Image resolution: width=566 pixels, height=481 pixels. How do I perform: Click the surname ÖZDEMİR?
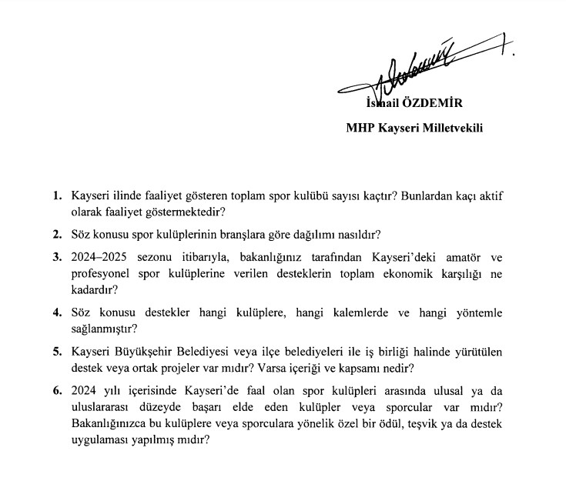tap(440, 104)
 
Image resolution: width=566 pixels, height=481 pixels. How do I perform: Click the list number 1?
tap(58, 196)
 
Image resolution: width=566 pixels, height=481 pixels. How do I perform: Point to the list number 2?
tap(58, 233)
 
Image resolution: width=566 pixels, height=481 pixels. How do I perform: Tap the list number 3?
tap(58, 256)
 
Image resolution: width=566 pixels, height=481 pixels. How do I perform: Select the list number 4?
tap(58, 313)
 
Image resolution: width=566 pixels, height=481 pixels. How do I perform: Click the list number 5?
tap(58, 352)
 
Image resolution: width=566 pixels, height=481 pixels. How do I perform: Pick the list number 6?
tap(58, 390)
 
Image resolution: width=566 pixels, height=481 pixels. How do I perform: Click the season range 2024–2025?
tap(100, 256)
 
